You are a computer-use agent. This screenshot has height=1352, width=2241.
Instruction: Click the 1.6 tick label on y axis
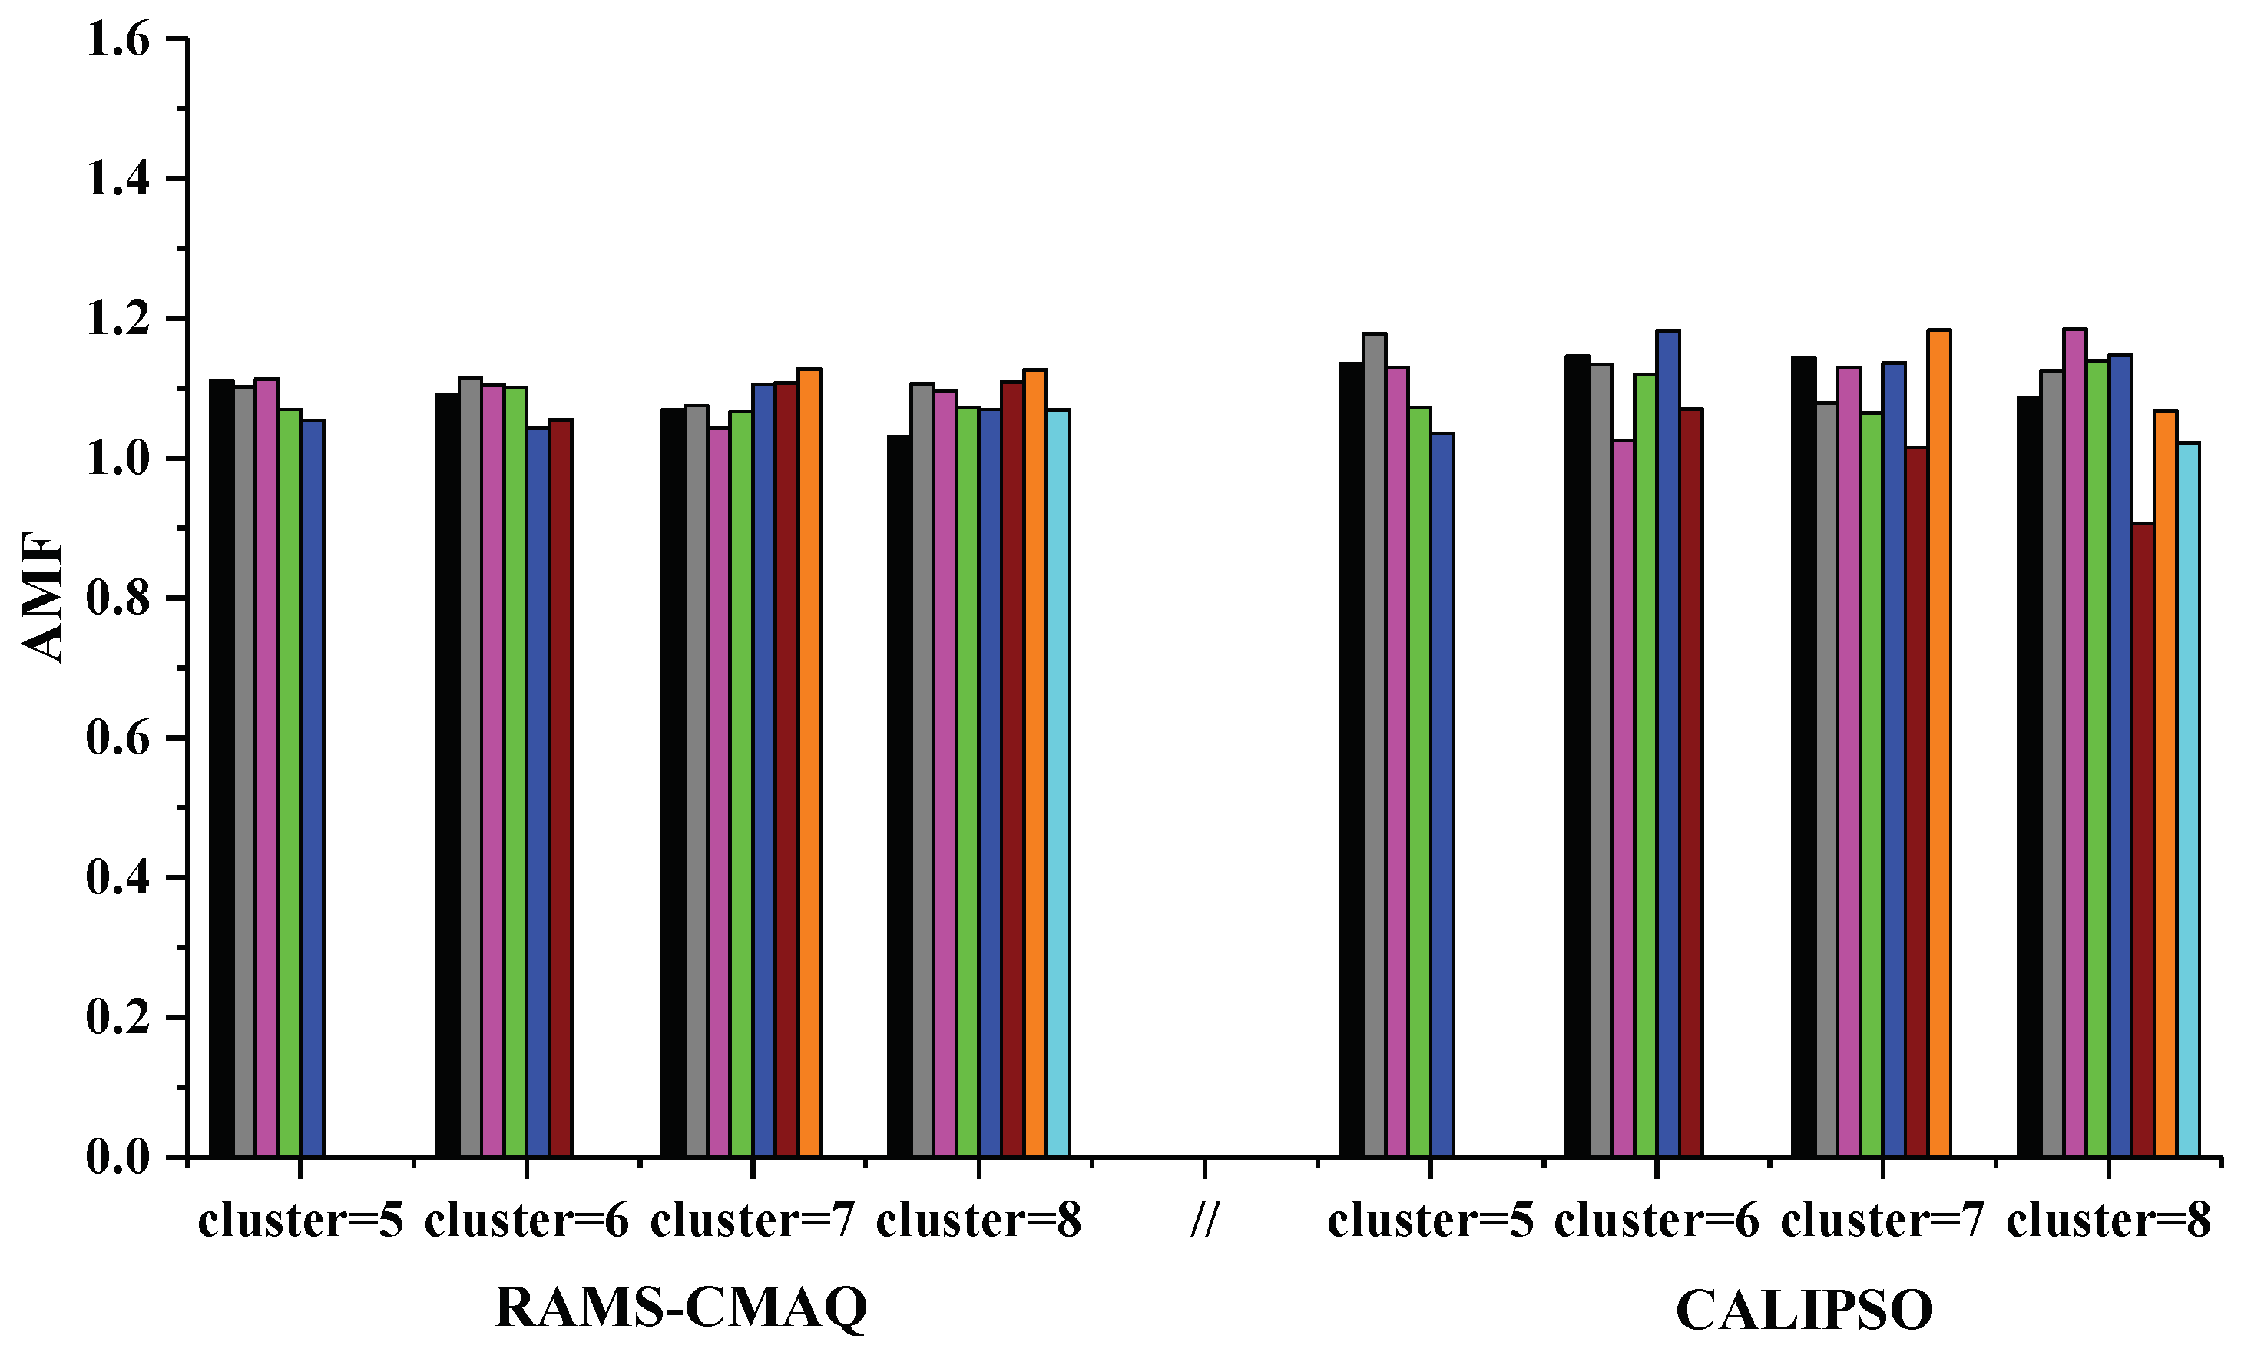point(118,40)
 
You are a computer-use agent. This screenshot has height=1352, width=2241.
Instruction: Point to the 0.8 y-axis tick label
point(118,598)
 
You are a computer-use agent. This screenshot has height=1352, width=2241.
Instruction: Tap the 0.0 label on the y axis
point(118,1158)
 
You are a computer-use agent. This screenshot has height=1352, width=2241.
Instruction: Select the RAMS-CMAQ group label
point(680,1308)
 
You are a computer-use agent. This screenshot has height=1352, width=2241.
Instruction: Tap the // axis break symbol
point(1204,1220)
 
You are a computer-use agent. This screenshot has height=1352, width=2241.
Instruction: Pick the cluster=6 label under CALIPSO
point(1657,1220)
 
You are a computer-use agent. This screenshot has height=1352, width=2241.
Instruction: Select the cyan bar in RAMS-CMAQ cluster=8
point(1058,783)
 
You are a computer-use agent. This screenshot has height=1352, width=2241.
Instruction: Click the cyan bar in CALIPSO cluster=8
point(2188,800)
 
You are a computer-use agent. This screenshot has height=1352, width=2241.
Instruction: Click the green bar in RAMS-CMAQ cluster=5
point(290,783)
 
